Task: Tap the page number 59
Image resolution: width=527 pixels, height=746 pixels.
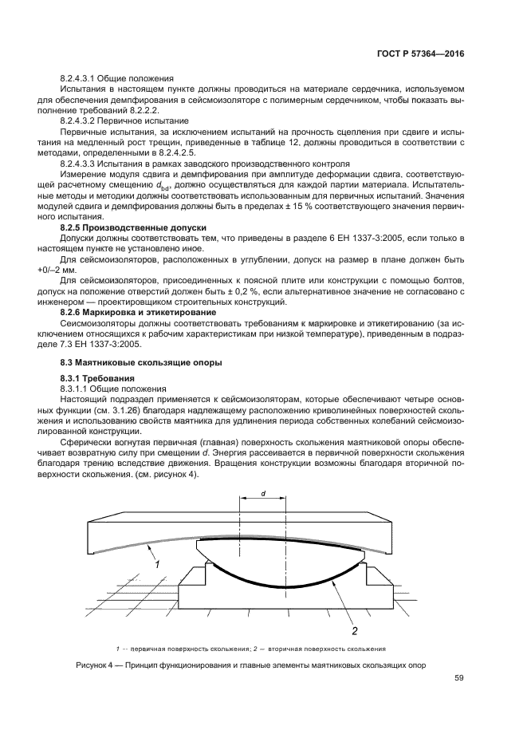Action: pos(459,678)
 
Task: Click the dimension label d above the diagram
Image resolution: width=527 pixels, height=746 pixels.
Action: pos(263,494)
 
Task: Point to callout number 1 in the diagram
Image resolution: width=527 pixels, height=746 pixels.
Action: pos(158,564)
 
